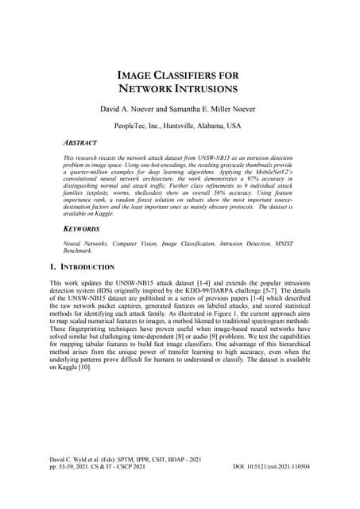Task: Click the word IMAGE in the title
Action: click(x=136, y=73)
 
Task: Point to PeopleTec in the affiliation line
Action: click(x=134, y=126)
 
